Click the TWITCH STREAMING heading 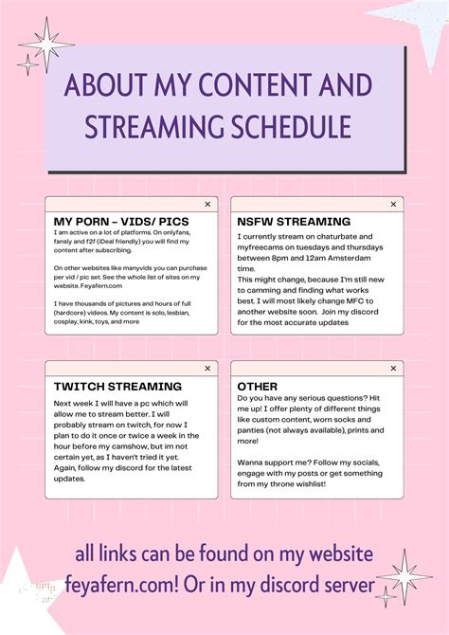[117, 387]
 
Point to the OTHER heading [258, 387]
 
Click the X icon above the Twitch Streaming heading [207, 369]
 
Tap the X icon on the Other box [393, 369]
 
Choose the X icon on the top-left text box [207, 204]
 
